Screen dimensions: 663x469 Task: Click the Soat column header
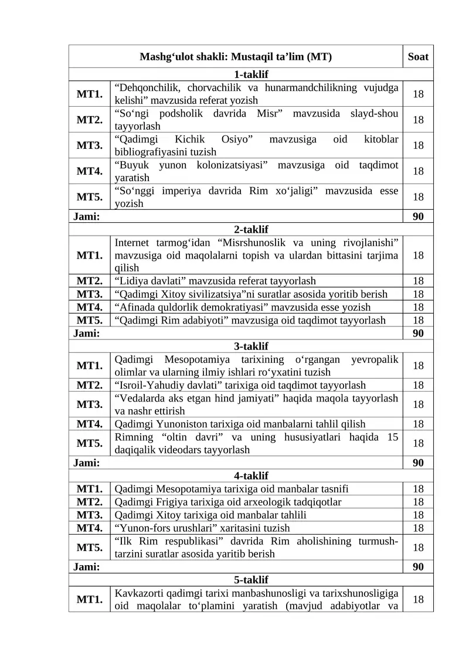click(418, 57)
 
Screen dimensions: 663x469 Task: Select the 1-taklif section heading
click(251, 74)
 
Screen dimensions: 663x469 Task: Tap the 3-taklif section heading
click(251, 346)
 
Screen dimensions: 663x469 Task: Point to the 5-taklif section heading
click(251, 580)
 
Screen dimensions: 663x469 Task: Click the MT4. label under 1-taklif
click(89, 171)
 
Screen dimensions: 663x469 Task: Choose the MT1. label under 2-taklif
click(89, 255)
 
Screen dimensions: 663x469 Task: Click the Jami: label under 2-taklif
click(86, 334)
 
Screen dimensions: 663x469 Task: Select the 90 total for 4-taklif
click(418, 567)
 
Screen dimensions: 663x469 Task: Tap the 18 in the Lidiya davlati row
click(418, 281)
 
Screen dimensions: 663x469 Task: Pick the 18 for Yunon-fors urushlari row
click(418, 528)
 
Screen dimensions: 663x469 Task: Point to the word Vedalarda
click(140, 399)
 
